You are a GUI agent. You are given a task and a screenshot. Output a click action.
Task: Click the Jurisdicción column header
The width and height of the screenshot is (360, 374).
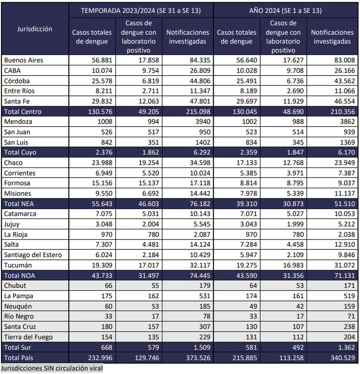point(34,29)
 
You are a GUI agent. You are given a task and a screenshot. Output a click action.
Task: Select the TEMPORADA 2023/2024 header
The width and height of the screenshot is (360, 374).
point(141,11)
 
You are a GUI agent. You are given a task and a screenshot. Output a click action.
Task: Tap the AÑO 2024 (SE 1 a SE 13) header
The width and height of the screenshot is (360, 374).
point(285,11)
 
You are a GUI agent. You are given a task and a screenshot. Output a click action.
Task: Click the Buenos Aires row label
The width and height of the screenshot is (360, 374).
point(24,60)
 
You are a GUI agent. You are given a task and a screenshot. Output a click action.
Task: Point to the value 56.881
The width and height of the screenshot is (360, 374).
point(102,60)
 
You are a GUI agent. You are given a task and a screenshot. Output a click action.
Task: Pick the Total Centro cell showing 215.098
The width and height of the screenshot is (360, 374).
point(198,112)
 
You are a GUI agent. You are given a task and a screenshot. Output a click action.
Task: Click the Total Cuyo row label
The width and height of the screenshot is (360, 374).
point(20,152)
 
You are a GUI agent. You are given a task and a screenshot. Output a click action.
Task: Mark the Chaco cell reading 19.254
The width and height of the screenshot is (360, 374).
point(149,163)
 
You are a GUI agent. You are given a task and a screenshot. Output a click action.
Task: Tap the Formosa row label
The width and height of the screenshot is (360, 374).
point(17,183)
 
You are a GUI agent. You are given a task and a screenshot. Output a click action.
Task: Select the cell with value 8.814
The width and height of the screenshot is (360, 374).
point(247,183)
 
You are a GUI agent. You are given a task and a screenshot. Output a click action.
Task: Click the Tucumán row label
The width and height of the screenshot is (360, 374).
point(18,265)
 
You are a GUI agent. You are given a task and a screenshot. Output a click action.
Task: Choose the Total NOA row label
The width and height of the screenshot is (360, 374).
point(19,276)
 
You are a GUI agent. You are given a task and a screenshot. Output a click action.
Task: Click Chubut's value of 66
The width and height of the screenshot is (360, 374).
point(108,285)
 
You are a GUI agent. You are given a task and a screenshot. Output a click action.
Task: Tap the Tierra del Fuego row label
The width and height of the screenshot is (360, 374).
point(28,337)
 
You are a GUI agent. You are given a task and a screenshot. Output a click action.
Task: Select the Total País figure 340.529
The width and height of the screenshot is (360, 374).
point(343,358)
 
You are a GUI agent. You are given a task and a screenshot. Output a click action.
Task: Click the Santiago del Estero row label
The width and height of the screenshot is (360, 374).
point(33,255)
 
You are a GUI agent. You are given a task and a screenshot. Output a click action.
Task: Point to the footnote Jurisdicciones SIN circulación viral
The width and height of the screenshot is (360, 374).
point(52,368)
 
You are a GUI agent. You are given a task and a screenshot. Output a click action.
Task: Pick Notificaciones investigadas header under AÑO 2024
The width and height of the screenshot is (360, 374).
point(332,37)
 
